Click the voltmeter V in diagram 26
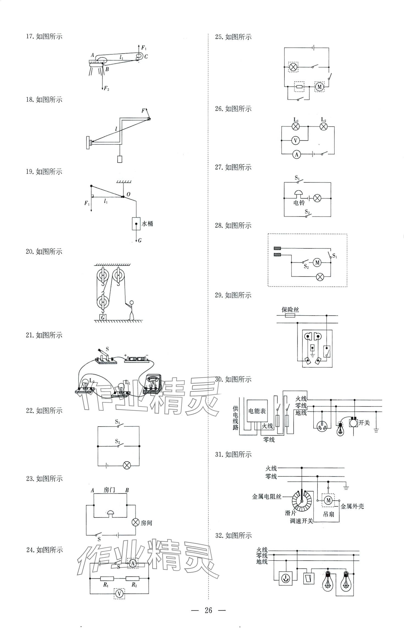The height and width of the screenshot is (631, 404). click(295, 140)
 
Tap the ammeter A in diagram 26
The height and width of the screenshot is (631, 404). click(296, 154)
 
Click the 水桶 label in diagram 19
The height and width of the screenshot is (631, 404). click(147, 224)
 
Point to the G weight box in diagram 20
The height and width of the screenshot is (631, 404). click(103, 317)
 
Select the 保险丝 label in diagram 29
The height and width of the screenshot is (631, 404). click(290, 309)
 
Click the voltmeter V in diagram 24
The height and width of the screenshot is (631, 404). click(119, 594)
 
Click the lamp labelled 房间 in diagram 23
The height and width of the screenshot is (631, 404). click(136, 523)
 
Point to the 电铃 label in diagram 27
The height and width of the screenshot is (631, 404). click(299, 203)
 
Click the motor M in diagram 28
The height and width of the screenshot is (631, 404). click(317, 263)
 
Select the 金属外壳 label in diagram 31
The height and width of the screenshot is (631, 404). click(352, 506)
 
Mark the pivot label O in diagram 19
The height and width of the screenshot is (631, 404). click(128, 194)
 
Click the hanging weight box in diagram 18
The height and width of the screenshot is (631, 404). click(120, 159)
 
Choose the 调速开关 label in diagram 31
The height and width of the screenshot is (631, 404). click(301, 521)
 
